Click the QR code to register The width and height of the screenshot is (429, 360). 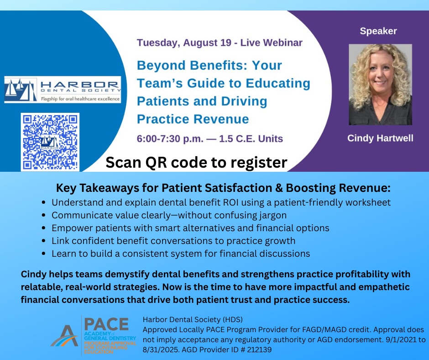point(50,142)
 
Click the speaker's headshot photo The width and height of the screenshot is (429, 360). point(380,85)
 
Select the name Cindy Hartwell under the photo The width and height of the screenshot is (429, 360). point(380,138)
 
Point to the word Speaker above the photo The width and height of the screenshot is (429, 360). point(378,31)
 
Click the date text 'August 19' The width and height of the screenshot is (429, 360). point(207,43)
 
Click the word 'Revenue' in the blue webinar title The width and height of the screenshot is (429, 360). point(221,119)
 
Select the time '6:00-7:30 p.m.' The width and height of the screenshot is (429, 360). point(170,138)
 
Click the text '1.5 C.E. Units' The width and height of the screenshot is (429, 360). point(251,138)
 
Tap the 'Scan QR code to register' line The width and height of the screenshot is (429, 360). point(196,163)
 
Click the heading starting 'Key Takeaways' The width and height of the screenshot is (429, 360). point(223,188)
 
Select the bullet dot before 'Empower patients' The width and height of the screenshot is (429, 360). point(44,228)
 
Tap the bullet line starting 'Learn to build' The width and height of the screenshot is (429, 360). point(181,254)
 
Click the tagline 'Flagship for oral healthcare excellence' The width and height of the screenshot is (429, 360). point(80,99)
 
